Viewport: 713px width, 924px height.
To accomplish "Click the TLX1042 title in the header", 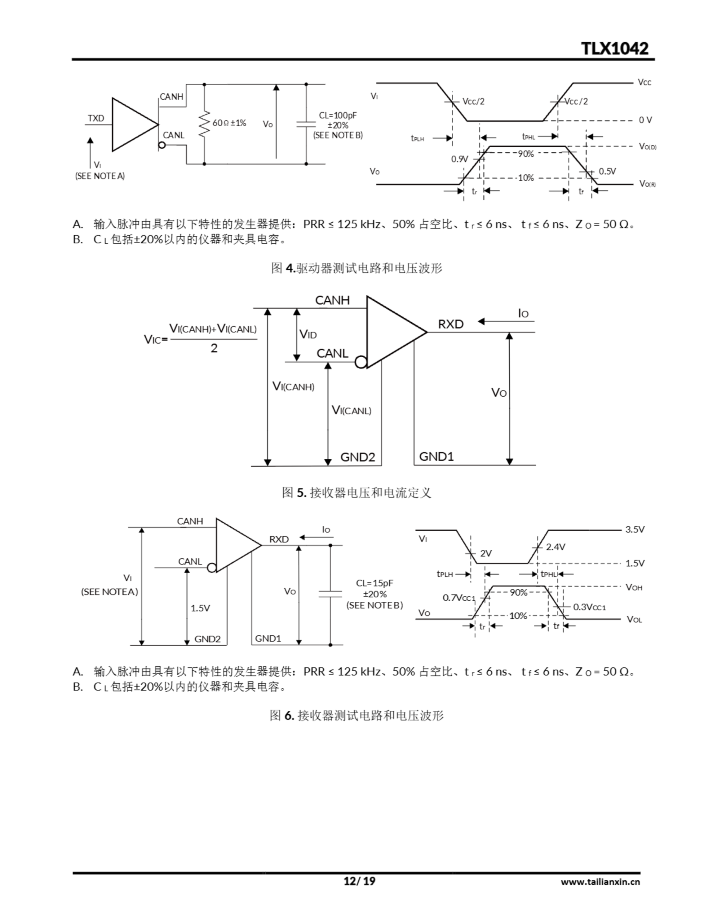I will (615, 49).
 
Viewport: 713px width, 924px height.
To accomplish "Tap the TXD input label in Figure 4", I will (96, 118).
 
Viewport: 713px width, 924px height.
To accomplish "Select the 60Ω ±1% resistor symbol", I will (204, 123).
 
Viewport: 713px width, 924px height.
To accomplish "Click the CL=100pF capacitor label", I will (338, 115).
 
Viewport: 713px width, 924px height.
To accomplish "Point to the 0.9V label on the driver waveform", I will (460, 160).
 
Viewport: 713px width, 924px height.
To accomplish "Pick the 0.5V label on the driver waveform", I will (607, 171).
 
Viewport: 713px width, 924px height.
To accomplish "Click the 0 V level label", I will (645, 120).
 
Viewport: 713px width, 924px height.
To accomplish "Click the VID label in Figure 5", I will (308, 335).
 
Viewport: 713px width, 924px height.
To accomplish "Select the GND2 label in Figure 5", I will (358, 457).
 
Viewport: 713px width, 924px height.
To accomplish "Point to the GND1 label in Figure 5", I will (436, 457).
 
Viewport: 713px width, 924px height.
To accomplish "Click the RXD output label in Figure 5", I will (451, 324).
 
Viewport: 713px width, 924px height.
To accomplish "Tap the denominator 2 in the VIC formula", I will (214, 348).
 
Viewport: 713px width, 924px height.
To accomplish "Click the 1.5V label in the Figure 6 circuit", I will (200, 608).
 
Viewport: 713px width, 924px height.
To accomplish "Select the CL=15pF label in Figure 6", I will (375, 583).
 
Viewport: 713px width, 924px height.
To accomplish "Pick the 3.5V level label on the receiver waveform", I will (635, 529).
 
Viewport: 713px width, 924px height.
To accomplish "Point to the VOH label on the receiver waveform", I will (634, 587).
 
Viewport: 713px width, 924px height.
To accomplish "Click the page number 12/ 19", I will (359, 881).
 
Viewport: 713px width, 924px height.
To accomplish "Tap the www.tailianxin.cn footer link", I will (600, 882).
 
